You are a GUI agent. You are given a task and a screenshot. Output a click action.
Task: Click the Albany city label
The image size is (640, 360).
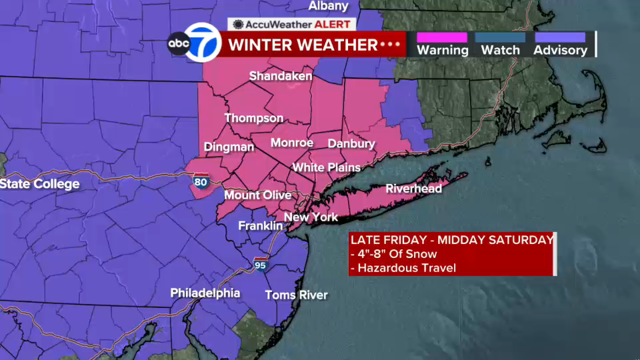click(x=328, y=6)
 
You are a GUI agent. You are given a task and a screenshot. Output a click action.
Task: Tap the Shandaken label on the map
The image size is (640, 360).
click(x=281, y=76)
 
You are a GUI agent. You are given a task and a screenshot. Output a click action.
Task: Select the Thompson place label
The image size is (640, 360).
click(x=254, y=118)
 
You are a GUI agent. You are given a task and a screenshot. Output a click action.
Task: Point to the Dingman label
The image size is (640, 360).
click(x=229, y=147)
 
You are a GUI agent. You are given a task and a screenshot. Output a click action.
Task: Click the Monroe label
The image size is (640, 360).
click(x=292, y=143)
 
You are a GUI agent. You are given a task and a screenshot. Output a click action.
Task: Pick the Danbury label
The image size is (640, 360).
click(x=351, y=144)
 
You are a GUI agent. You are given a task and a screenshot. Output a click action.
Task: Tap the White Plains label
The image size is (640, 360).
click(x=326, y=167)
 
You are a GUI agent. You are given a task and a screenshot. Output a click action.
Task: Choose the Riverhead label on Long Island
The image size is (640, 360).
click(x=414, y=189)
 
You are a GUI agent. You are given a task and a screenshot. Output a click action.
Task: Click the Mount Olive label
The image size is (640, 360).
click(x=258, y=195)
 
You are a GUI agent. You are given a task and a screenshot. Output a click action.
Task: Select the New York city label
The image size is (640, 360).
click(x=311, y=217)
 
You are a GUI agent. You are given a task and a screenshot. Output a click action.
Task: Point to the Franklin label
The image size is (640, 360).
click(x=260, y=226)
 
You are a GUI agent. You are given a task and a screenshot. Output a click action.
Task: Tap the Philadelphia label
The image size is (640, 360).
click(x=205, y=293)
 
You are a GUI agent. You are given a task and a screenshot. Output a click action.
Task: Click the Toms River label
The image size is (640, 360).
click(x=296, y=295)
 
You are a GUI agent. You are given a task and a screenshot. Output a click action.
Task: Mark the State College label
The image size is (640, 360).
click(x=40, y=184)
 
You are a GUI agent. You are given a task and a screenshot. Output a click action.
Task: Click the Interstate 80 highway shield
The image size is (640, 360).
click(x=201, y=181)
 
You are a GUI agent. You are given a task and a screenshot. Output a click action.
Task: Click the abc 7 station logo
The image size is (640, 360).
click(x=195, y=43)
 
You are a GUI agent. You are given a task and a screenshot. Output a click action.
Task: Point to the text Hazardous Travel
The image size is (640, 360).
click(x=407, y=268)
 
